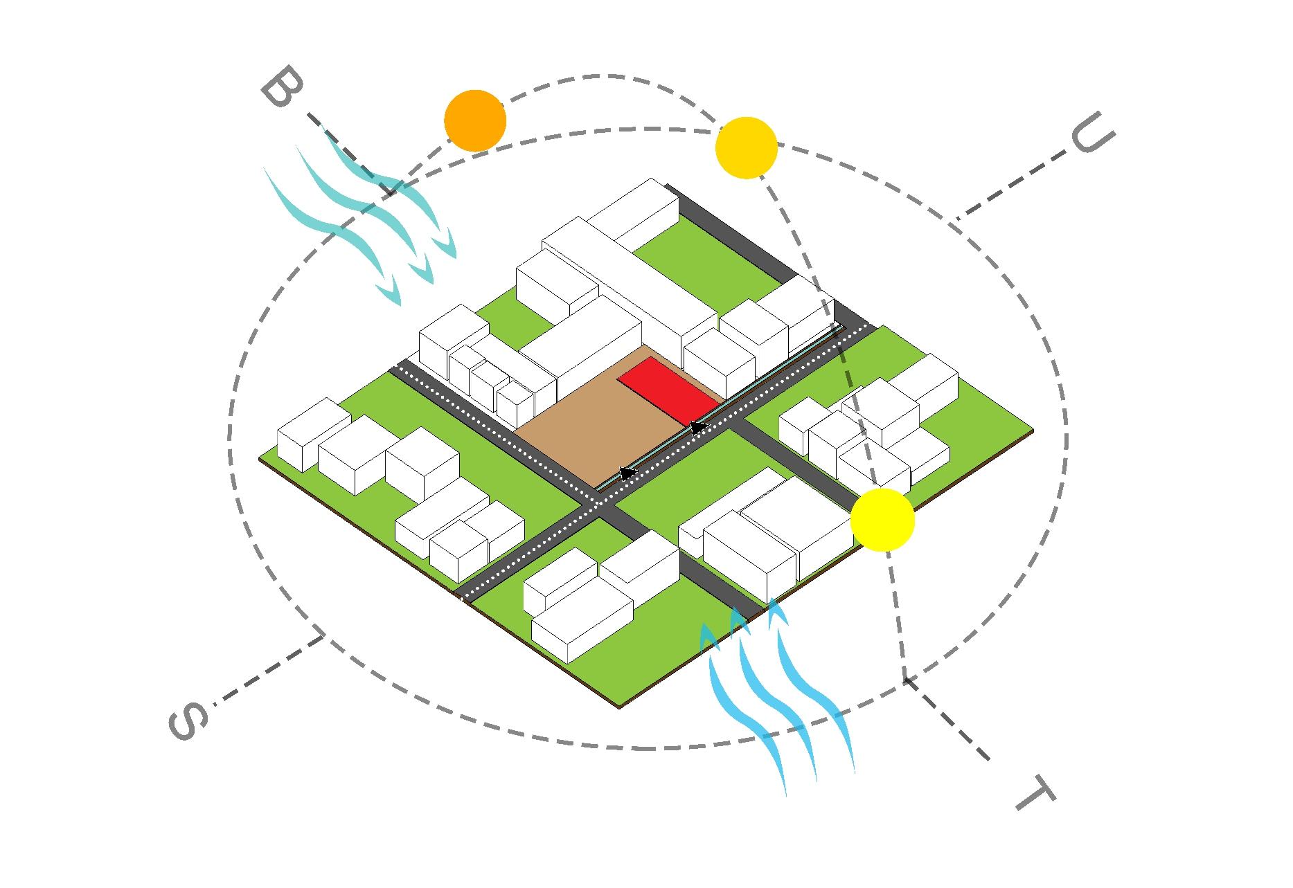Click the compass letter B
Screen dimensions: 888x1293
pos(283,88)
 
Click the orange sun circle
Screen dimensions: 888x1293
pos(475,120)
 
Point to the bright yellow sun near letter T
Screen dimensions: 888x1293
pos(882,520)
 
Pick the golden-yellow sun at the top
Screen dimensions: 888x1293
pos(746,148)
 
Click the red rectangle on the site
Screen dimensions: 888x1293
pos(668,390)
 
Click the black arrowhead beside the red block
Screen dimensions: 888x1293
pos(698,427)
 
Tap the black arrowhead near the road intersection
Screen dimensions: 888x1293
pos(627,473)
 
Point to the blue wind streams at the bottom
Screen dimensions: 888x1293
pos(776,699)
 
